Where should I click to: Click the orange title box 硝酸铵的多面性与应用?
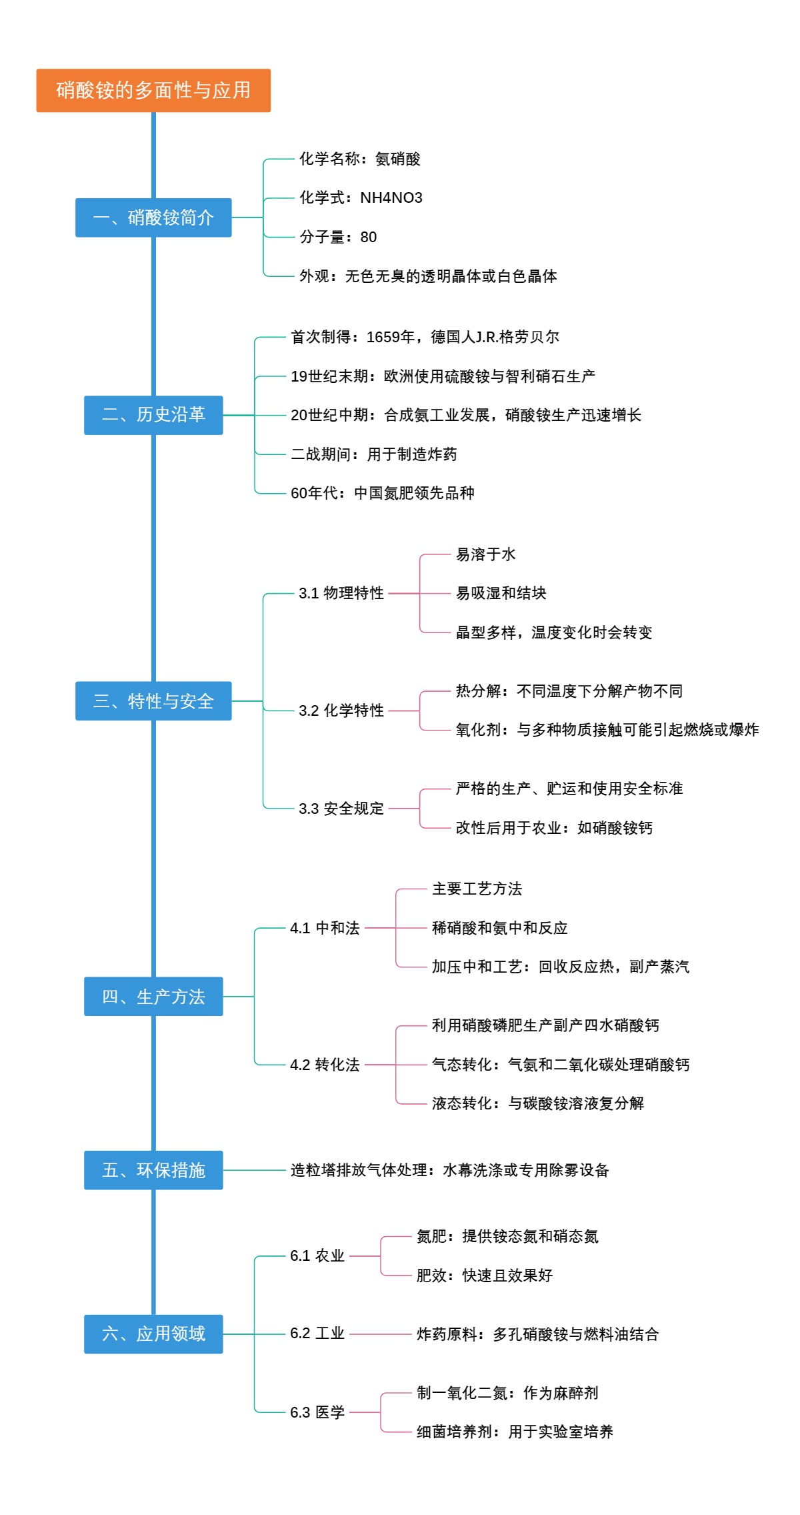(153, 90)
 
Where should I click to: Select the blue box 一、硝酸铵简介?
(153, 217)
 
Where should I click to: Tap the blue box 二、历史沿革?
(153, 415)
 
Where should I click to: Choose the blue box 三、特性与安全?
(153, 701)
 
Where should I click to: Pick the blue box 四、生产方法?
(153, 997)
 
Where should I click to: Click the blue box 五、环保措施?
(153, 1170)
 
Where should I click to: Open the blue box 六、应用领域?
(153, 1334)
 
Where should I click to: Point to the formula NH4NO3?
(391, 198)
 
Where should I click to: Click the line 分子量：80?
(338, 237)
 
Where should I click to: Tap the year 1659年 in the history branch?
(391, 337)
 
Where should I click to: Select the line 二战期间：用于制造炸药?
(373, 454)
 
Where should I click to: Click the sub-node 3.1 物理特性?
(341, 593)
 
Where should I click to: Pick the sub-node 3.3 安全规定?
(341, 809)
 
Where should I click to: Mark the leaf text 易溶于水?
(485, 554)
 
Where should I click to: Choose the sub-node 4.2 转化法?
(325, 1065)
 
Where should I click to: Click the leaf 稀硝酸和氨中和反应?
(499, 928)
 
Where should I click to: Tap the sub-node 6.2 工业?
(317, 1334)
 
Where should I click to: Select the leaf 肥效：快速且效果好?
(485, 1276)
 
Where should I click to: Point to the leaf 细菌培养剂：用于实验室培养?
(515, 1432)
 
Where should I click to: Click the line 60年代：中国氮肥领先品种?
(382, 493)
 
